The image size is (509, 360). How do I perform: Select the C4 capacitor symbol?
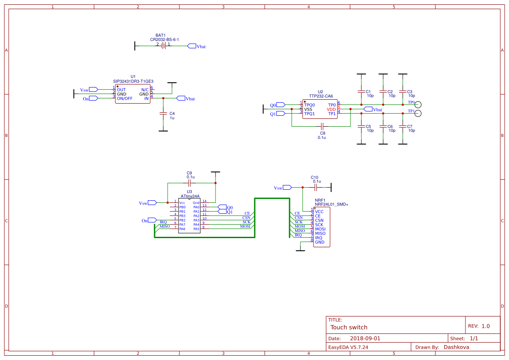[x=163, y=113]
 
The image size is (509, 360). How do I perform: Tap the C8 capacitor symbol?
[x=322, y=126]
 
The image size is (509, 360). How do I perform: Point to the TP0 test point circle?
[x=418, y=104]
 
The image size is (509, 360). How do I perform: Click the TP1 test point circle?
[x=418, y=114]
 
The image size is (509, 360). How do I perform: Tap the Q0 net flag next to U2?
[x=280, y=105]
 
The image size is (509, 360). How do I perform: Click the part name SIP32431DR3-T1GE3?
[x=133, y=81]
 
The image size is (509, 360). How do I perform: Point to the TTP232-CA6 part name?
[x=321, y=96]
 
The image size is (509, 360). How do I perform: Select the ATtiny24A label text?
[x=190, y=196]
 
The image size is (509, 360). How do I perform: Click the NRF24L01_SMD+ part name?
[x=331, y=204]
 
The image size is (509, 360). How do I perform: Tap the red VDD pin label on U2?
[x=331, y=109]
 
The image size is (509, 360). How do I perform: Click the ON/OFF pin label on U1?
[x=125, y=98]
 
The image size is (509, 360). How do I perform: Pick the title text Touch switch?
[x=349, y=327]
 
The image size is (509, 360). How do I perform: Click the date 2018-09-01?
[x=365, y=338]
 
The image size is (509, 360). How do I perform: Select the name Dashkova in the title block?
[x=456, y=347]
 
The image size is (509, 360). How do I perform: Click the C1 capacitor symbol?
[x=361, y=91]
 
